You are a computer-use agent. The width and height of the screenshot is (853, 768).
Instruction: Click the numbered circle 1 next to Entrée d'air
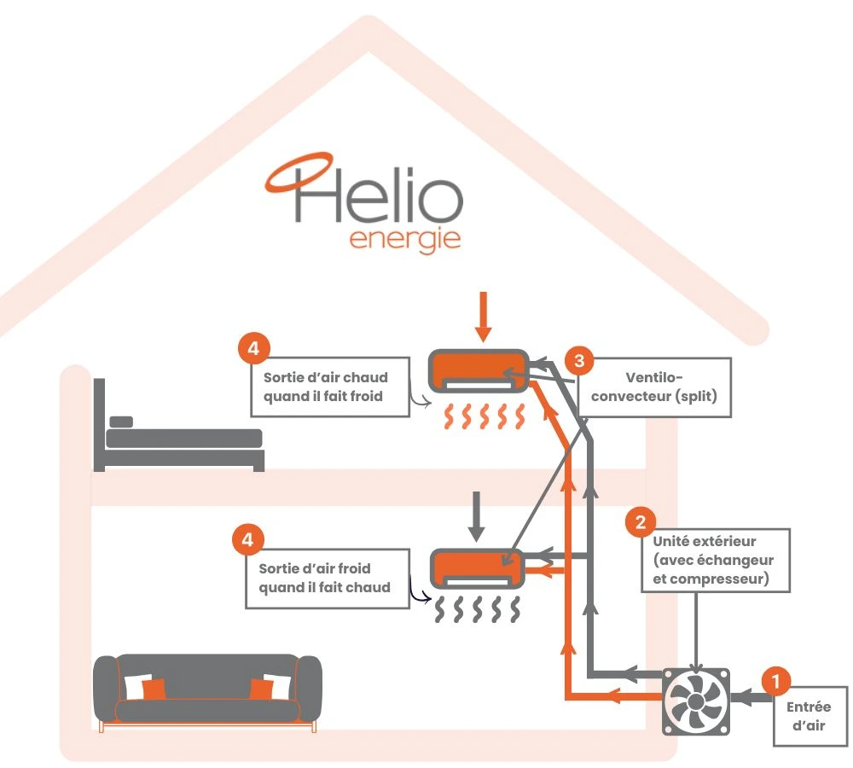(775, 680)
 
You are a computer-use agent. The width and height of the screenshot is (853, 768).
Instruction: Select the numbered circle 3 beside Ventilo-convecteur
(579, 360)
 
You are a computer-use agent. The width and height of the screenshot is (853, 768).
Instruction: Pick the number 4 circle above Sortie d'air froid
(247, 539)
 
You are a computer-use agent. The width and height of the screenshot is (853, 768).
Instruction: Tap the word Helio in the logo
(380, 196)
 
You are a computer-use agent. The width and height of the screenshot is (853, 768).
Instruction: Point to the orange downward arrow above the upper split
(484, 316)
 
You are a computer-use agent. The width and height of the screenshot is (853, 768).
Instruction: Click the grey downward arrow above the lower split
(477, 514)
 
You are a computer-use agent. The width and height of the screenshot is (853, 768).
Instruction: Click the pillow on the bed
(122, 422)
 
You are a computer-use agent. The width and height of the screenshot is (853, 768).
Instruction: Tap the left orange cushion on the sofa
(154, 689)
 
